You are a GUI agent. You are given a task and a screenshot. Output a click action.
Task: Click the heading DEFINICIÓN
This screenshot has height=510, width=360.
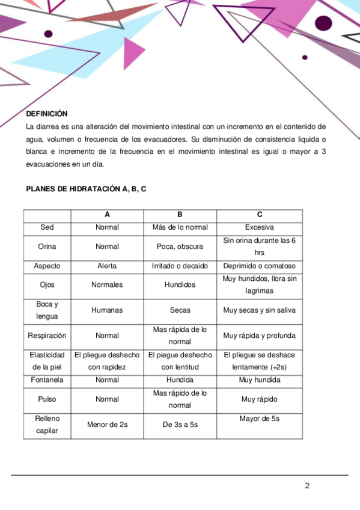47,114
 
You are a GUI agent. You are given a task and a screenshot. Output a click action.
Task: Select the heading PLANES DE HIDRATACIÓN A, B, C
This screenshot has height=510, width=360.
86,189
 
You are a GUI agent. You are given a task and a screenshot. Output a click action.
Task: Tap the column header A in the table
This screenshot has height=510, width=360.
107,215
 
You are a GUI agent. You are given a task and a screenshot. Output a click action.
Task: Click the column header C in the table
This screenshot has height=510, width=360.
259,215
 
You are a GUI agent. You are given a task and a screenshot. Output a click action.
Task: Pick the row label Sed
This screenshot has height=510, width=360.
47,227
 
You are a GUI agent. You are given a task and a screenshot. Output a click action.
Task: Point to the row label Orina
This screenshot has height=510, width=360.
47,247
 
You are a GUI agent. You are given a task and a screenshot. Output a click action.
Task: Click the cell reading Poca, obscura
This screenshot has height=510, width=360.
180,247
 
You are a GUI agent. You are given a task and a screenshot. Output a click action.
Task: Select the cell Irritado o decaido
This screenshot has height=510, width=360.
180,266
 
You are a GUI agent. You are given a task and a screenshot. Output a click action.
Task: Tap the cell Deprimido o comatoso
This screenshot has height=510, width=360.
259,266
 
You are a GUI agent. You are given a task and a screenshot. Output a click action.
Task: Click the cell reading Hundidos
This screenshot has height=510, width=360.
180,285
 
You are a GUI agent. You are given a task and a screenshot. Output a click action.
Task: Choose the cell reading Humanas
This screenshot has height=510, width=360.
107,310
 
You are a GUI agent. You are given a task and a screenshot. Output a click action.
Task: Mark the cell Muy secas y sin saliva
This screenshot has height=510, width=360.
259,310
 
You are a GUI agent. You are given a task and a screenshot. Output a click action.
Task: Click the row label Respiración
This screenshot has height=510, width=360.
47,336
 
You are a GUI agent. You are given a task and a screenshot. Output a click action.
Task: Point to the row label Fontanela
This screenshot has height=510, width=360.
47,380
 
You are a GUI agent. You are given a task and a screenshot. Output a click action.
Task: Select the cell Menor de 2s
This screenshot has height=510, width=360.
107,425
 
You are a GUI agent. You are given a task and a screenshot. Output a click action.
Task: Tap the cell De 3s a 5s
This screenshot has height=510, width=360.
180,425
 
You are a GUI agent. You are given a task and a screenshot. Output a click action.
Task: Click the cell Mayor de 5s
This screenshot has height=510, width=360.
259,419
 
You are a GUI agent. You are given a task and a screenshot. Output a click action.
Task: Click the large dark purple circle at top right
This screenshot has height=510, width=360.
323,23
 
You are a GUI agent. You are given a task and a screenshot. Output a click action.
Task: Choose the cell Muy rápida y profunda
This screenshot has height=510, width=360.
259,336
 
